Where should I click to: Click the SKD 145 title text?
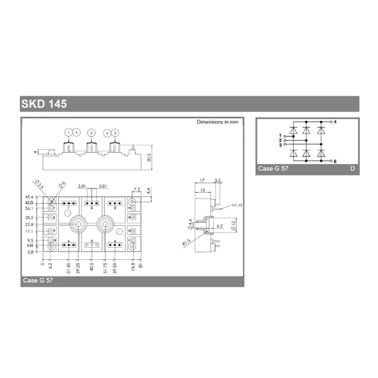coord(44,104)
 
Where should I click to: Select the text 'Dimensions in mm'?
coord(217,122)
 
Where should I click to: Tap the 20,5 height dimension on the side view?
coord(149,156)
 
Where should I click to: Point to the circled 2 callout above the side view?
coord(91,133)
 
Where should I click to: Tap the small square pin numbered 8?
coord(50,218)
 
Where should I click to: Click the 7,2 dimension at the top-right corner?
coord(137,189)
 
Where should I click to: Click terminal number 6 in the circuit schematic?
coord(335,161)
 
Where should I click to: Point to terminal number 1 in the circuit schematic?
coord(280,136)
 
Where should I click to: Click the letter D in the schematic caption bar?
coord(352,169)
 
